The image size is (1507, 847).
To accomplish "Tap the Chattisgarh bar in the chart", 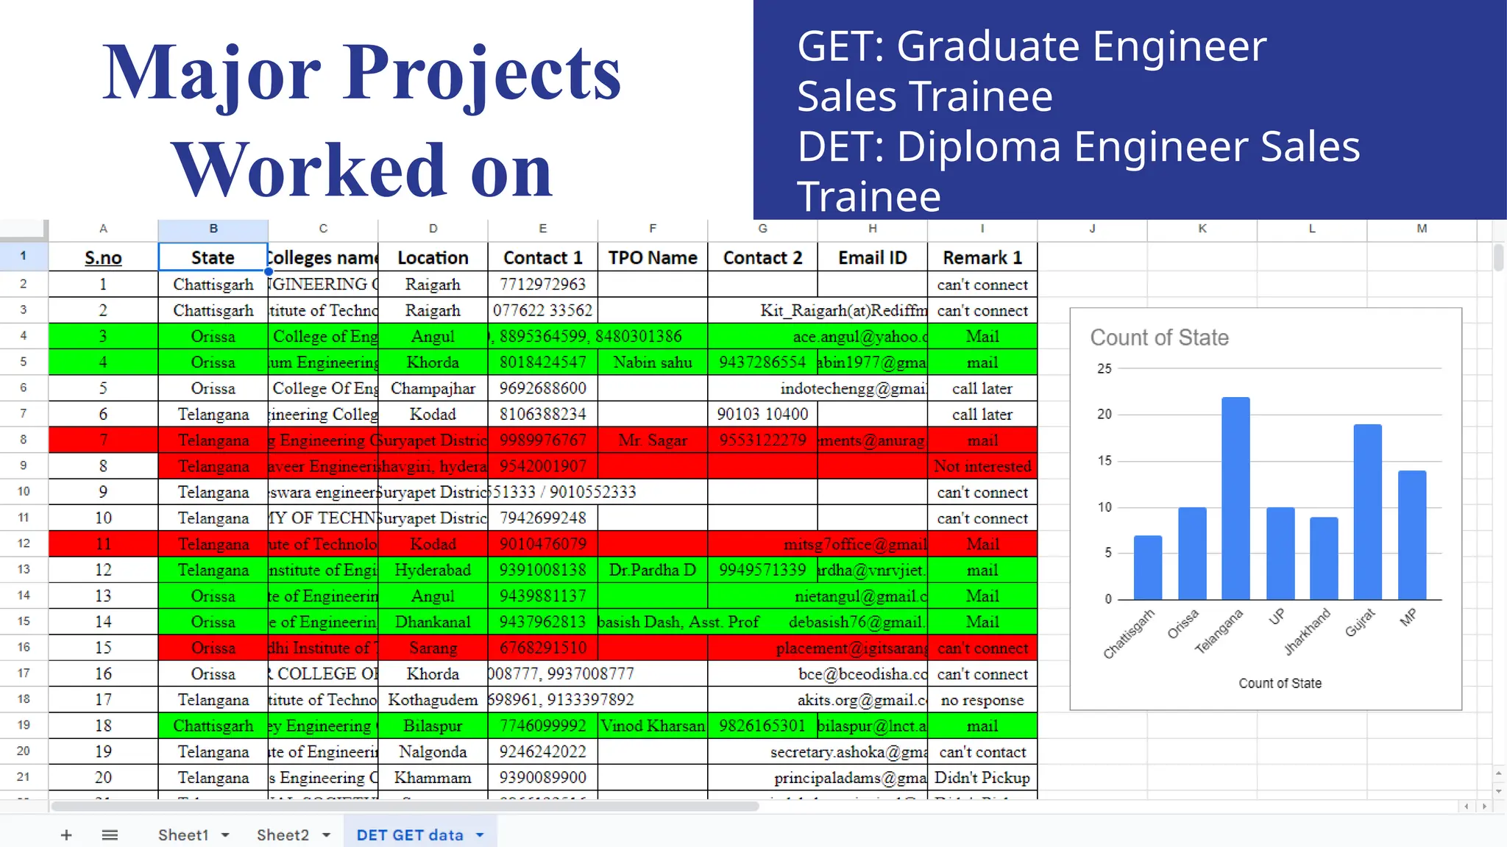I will point(1148,568).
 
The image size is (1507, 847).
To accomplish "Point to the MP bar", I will point(1411,535).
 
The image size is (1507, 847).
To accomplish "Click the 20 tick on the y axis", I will point(1104,414).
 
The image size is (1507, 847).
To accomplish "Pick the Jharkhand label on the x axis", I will point(1308,632).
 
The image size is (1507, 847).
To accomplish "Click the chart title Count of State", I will point(1159,337).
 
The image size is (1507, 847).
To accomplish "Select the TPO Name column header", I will point(653,258).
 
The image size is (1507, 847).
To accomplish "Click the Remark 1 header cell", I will point(982,258).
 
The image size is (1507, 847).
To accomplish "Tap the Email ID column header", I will point(873,258).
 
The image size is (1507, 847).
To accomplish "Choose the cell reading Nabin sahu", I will point(653,362).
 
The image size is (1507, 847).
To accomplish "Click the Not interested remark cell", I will point(982,466).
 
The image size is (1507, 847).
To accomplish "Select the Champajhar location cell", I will point(433,388).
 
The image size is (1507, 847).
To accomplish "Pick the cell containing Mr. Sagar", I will point(653,440).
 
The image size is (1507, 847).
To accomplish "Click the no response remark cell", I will point(982,700).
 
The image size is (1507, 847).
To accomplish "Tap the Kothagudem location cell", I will point(433,700).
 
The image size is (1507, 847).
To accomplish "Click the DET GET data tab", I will point(410,835).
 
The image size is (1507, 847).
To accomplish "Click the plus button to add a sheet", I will point(66,835).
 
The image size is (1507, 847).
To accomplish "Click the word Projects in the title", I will point(482,74).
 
